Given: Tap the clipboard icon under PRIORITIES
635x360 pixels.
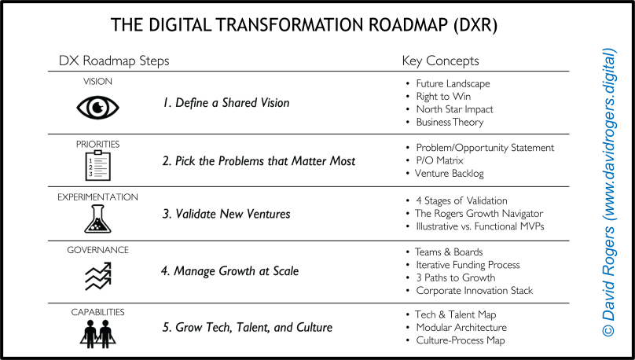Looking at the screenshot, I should tap(97, 165).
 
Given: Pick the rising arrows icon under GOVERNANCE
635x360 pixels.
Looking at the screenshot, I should tap(97, 274).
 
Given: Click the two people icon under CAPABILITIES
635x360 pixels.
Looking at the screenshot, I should tap(97, 332).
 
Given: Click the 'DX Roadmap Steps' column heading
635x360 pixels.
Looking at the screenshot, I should tap(114, 61).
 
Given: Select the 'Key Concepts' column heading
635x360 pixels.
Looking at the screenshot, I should tap(440, 61).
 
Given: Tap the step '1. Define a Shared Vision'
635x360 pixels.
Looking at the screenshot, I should tap(226, 103).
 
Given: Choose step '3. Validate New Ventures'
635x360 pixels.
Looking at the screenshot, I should tap(226, 215).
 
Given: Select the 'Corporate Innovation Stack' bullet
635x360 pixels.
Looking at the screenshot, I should tap(474, 290).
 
